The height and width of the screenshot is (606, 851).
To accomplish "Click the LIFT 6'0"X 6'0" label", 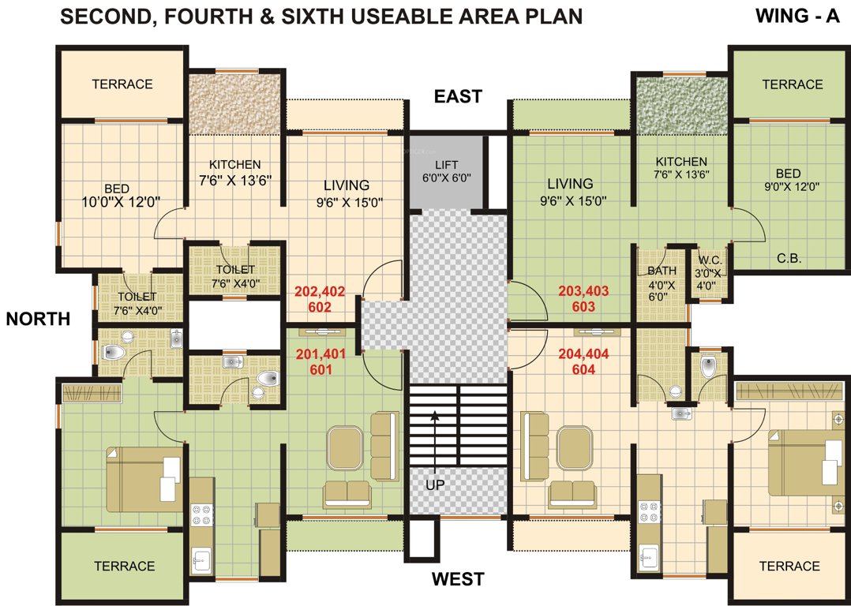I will pyautogui.click(x=447, y=171).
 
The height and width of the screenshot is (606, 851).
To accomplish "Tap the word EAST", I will pyautogui.click(x=458, y=97).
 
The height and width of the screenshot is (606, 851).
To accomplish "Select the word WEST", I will pyautogui.click(x=458, y=580).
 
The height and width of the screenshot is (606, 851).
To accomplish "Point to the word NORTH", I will pyautogui.click(x=39, y=319).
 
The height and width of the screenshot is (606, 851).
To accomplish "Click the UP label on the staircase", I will pyautogui.click(x=435, y=485).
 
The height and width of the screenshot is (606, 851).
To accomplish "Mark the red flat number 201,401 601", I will pyautogui.click(x=320, y=361).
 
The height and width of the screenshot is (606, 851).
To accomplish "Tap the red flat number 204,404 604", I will pyautogui.click(x=583, y=361).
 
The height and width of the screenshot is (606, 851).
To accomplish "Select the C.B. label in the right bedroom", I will pyautogui.click(x=790, y=257).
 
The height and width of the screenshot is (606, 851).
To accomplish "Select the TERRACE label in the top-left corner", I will pyautogui.click(x=122, y=84).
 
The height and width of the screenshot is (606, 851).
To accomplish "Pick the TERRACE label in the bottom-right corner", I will pyautogui.click(x=789, y=566).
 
